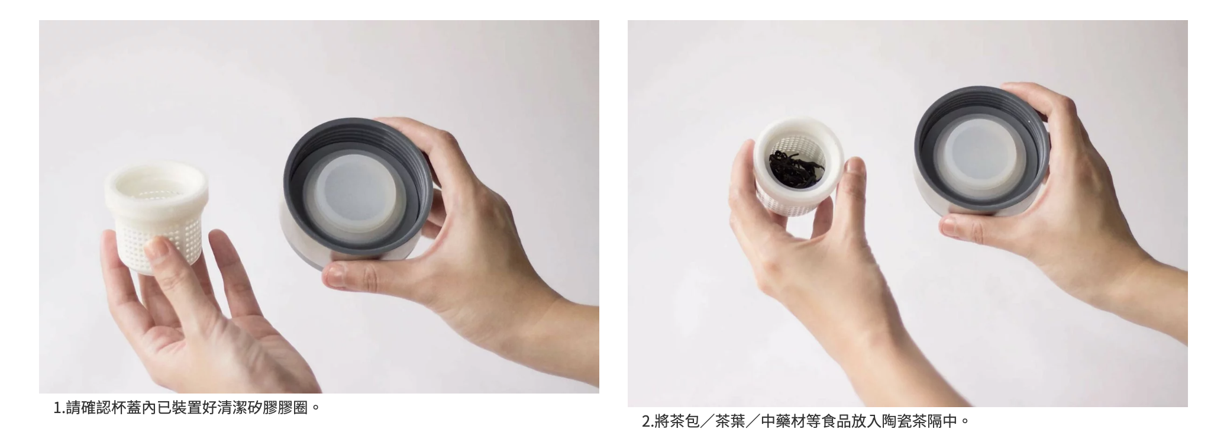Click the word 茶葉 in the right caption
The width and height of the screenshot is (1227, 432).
pyautogui.click(x=730, y=421)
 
